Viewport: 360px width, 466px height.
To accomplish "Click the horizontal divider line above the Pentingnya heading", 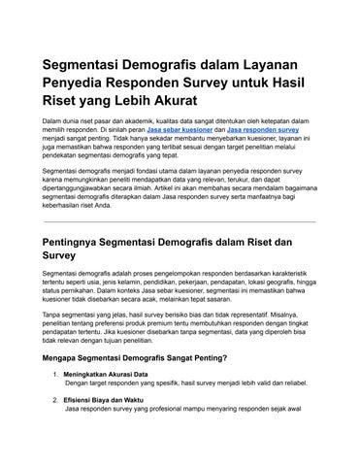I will tap(180, 221).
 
